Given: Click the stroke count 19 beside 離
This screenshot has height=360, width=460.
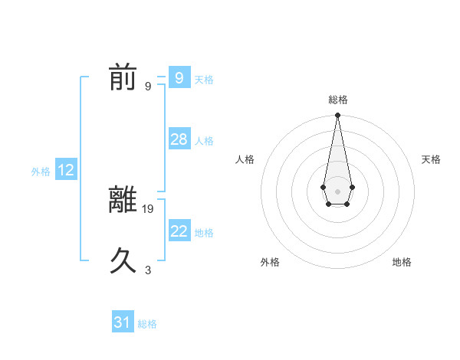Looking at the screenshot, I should pyautogui.click(x=149, y=208).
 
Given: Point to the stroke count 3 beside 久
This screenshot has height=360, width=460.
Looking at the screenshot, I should pyautogui.click(x=148, y=270).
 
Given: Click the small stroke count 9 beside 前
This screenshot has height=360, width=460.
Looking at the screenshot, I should pyautogui.click(x=148, y=86).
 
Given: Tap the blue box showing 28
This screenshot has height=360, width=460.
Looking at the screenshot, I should pyautogui.click(x=179, y=139).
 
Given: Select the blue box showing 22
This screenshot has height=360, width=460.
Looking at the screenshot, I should pyautogui.click(x=179, y=231).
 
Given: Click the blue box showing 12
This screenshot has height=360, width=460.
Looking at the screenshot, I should pyautogui.click(x=66, y=170).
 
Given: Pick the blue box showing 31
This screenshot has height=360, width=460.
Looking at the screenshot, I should pyautogui.click(x=123, y=322).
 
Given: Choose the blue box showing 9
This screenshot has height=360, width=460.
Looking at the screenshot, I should pyautogui.click(x=179, y=78).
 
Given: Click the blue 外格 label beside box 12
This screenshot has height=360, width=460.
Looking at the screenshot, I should pyautogui.click(x=41, y=172).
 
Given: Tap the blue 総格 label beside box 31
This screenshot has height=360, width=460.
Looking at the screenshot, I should pyautogui.click(x=147, y=324).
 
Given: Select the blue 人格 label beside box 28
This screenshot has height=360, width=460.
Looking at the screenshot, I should pyautogui.click(x=204, y=141).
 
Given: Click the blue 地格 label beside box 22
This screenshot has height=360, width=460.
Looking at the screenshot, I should pyautogui.click(x=204, y=232).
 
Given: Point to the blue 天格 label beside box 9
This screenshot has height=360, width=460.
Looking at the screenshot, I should pyautogui.click(x=204, y=80).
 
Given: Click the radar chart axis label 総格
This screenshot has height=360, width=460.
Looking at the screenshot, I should pyautogui.click(x=338, y=100).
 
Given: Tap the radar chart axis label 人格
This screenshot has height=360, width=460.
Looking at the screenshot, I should pyautogui.click(x=245, y=159).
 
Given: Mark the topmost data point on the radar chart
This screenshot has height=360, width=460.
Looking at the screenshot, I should pyautogui.click(x=337, y=116).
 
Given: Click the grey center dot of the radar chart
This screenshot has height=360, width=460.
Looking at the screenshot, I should pyautogui.click(x=337, y=191).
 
